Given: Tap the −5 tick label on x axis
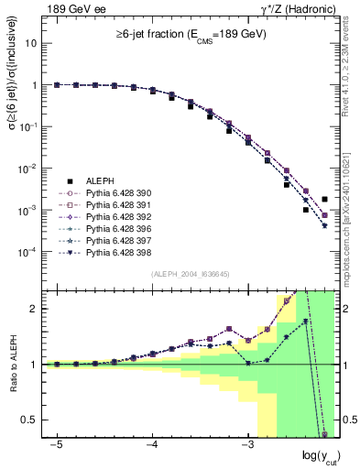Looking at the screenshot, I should pos(57,442).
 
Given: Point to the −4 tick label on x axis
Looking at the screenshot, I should pos(152,442).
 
